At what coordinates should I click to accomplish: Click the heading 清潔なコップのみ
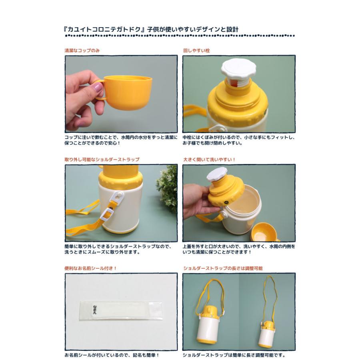(82, 51)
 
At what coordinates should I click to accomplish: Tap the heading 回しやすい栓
(196, 51)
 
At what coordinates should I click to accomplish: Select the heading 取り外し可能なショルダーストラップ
(102, 160)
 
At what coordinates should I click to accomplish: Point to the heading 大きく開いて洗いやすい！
(209, 160)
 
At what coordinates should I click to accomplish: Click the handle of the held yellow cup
(99, 90)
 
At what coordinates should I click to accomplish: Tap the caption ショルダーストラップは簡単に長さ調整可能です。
(234, 355)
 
